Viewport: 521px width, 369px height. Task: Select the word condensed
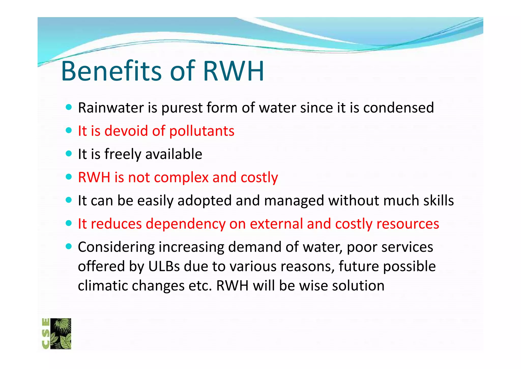coord(398,108)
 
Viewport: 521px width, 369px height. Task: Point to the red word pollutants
coord(202,131)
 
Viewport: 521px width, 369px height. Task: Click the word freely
coord(123,154)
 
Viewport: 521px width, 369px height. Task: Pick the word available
coord(173,154)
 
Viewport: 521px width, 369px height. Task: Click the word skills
coord(438,201)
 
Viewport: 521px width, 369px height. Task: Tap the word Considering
coord(116,247)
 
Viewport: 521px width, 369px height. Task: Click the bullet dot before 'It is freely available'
coord(69,153)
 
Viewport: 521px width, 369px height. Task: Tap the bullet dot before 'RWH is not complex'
coord(69,177)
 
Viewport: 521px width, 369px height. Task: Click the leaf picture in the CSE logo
coord(61,334)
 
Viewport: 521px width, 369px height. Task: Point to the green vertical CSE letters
coord(46,334)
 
